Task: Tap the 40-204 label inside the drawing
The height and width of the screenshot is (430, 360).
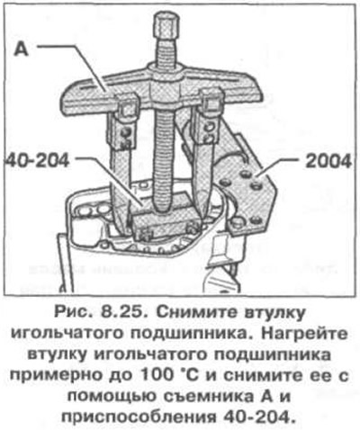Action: pyautogui.click(x=38, y=161)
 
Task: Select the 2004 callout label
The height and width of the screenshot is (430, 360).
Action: pyautogui.click(x=328, y=161)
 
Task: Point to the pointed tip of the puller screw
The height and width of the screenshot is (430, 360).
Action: pyautogui.click(x=164, y=209)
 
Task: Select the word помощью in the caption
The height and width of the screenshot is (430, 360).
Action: pyautogui.click(x=112, y=398)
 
